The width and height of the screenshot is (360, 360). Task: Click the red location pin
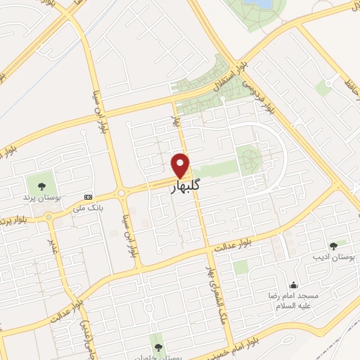[181, 165]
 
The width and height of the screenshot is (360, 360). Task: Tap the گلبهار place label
[181, 189]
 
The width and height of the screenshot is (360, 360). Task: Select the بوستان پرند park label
[41, 198]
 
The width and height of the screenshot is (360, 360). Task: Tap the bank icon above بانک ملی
[88, 197]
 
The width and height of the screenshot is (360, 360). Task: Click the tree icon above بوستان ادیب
[333, 245]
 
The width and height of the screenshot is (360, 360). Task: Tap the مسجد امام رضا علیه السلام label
[293, 300]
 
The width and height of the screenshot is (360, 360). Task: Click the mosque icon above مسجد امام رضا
[293, 285]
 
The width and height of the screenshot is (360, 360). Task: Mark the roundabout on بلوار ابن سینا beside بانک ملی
[121, 193]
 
